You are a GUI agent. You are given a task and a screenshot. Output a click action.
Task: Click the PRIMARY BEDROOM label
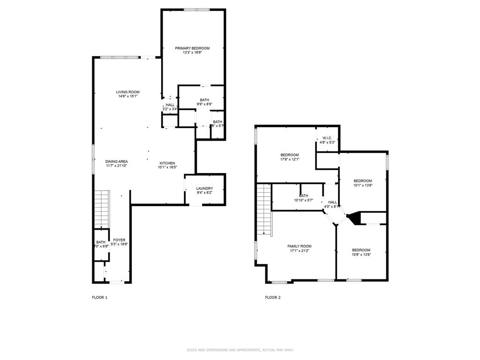pos(192,48)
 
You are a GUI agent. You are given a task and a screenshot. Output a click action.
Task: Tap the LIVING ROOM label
pos(128,92)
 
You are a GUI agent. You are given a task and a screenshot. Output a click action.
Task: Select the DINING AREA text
pos(116,161)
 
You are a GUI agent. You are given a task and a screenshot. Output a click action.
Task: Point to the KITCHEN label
pos(167,163)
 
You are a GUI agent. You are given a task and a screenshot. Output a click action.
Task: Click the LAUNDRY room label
pos(204,188)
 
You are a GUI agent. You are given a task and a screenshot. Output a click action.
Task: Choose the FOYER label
pos(119,240)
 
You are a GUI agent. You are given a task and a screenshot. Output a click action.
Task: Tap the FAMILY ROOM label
pos(299,246)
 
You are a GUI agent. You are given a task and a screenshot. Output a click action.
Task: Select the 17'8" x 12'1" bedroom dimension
pos(290,159)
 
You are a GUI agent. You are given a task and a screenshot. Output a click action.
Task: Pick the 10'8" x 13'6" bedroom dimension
pos(361,255)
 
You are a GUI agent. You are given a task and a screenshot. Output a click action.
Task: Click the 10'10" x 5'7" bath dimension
pos(303,200)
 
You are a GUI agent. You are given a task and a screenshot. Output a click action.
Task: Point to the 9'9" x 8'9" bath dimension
pos(204,104)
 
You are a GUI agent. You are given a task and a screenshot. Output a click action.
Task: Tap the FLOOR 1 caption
pos(99,297)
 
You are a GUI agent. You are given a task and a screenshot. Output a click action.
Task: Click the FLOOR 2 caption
pos(273,297)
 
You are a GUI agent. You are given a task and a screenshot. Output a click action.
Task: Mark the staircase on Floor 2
pos(264,209)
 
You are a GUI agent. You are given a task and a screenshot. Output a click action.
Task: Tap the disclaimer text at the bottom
pos(240,350)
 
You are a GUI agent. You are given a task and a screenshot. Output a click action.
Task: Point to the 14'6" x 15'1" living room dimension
pos(128,96)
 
